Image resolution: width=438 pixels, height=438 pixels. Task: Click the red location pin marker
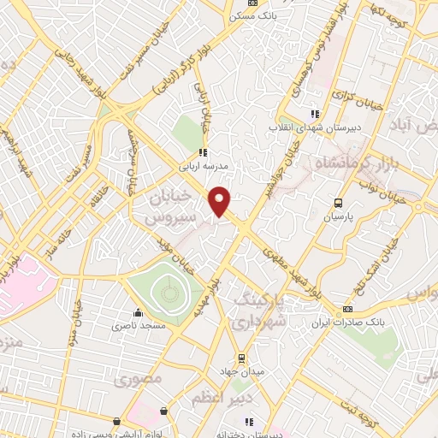point(221,199)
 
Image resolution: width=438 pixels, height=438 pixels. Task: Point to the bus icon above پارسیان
point(339,204)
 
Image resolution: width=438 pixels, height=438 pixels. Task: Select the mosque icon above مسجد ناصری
point(138,312)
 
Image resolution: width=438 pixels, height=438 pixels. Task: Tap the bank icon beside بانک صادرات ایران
point(347,309)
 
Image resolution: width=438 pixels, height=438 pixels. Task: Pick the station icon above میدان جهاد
point(241,357)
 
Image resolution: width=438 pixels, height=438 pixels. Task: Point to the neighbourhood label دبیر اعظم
point(240,399)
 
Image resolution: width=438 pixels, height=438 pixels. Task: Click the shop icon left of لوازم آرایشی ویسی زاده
point(116,422)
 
